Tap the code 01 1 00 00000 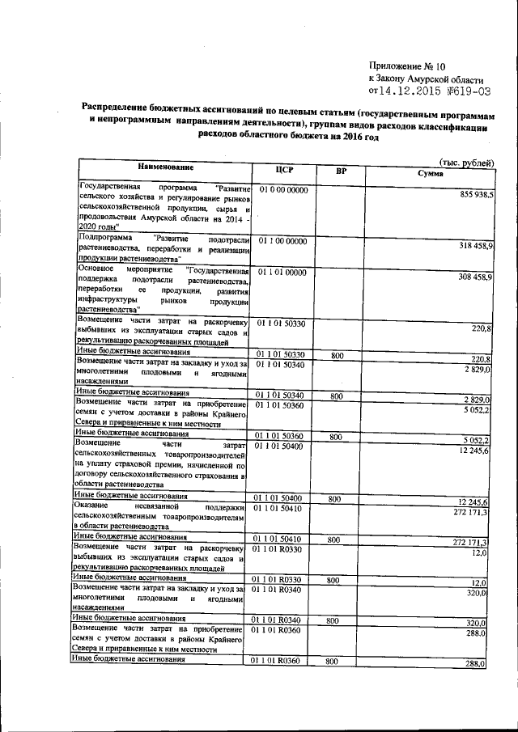tap(282, 241)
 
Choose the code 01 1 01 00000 tap(282, 273)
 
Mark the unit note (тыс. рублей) tap(465, 163)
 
